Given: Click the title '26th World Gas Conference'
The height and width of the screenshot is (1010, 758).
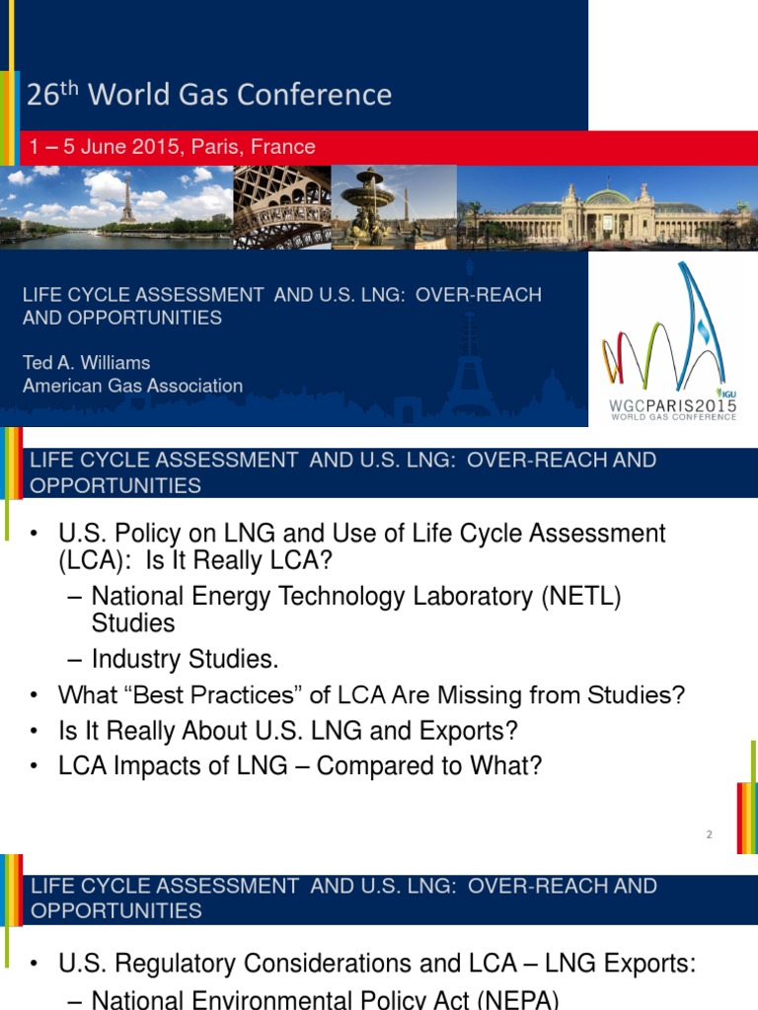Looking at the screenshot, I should (208, 95).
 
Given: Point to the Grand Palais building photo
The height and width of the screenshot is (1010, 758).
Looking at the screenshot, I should (607, 208).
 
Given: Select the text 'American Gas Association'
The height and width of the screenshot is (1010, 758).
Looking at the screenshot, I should (132, 386).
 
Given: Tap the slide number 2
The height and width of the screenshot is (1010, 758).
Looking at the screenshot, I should (709, 835).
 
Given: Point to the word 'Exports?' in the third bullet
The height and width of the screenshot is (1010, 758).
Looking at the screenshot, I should (476, 731).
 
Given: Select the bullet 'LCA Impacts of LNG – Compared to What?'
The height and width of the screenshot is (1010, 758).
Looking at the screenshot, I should (300, 766).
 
